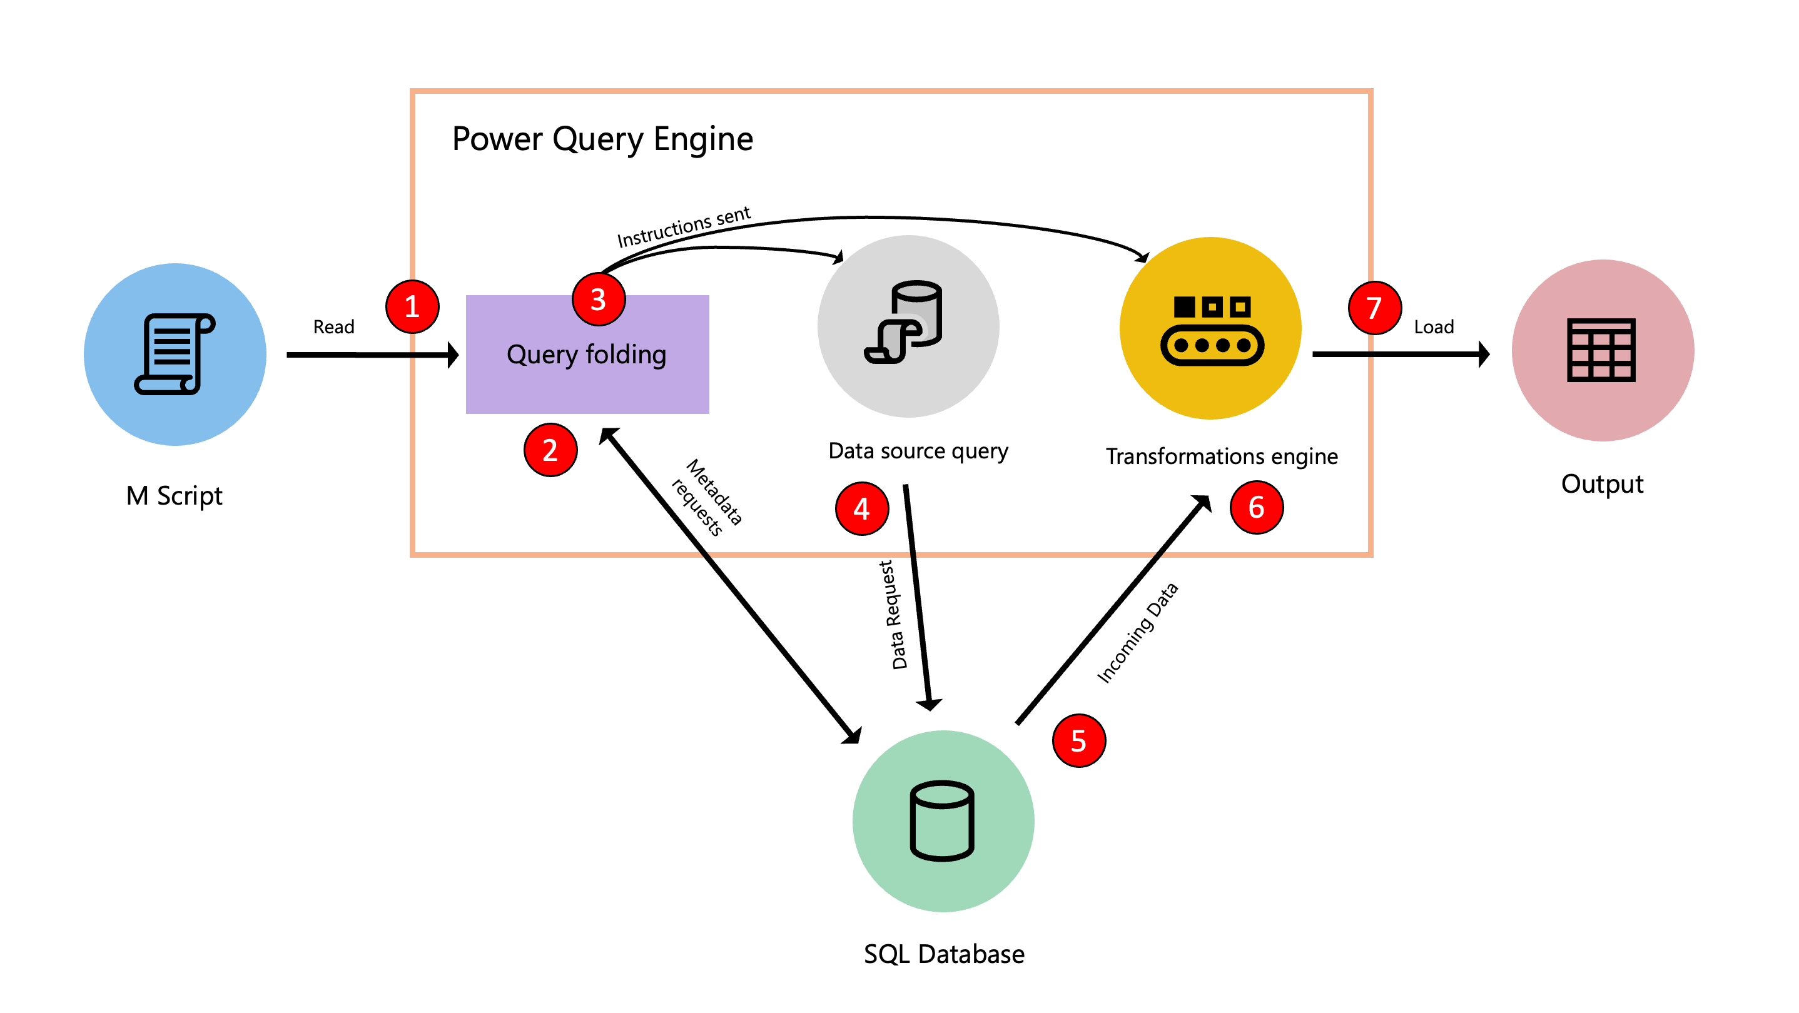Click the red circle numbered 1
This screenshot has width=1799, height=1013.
click(412, 306)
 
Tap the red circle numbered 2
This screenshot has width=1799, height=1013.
click(550, 450)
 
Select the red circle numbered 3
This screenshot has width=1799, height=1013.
click(599, 300)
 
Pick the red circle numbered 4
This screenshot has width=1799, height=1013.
click(862, 508)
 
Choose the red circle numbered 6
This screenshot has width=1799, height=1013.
click(1257, 507)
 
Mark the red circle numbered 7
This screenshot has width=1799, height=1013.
click(1374, 307)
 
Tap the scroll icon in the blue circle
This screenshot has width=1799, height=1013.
click(175, 354)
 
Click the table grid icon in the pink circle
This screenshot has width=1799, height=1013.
click(1601, 350)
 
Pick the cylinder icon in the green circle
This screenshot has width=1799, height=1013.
click(942, 820)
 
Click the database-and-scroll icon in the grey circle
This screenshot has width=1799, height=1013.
click(905, 323)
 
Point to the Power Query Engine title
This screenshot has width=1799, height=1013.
click(602, 139)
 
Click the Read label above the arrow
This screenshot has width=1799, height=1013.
click(334, 327)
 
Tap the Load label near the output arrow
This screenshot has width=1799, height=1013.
click(1433, 327)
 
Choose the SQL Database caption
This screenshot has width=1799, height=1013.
click(943, 954)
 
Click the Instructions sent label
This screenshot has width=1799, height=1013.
click(683, 226)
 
